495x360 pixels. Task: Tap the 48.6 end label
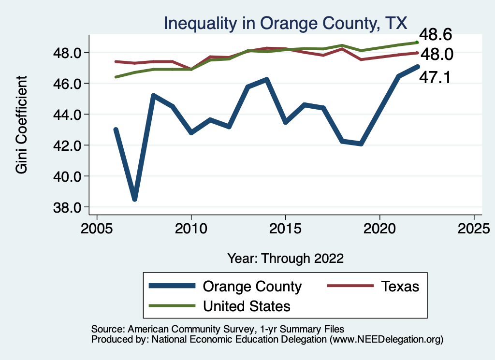tap(435, 35)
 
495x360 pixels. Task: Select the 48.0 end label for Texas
tap(435, 55)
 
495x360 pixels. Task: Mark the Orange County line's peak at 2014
tap(266, 79)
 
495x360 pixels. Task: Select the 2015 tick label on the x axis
tap(285, 228)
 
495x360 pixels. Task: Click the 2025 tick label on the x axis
tap(474, 228)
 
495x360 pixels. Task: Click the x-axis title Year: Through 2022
tap(285, 258)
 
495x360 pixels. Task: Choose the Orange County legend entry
tap(252, 286)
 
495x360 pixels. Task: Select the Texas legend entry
tap(400, 286)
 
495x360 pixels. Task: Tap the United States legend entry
tap(247, 306)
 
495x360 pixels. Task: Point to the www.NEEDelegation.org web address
tap(386, 339)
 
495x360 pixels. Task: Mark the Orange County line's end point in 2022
tap(417, 66)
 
